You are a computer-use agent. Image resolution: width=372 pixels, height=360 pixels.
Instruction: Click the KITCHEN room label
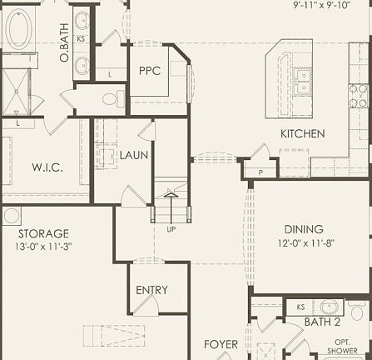click(302, 134)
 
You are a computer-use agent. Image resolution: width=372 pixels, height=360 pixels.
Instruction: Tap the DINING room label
click(303, 229)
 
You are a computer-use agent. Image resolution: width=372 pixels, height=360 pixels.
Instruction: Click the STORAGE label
click(43, 234)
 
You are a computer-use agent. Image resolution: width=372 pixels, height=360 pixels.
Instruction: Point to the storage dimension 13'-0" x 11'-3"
click(43, 247)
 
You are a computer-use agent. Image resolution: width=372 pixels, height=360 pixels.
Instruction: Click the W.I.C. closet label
click(47, 167)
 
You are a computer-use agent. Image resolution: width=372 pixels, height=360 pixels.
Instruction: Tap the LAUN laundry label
click(133, 155)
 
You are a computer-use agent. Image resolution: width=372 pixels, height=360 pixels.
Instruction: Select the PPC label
click(150, 71)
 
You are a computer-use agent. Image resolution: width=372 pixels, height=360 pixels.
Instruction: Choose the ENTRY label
click(151, 290)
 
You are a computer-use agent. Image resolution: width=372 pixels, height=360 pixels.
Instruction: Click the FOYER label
click(221, 343)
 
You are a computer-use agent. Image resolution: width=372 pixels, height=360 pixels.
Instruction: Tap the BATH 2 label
click(322, 322)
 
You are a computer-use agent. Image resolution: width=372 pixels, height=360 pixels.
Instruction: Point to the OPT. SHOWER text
click(346, 346)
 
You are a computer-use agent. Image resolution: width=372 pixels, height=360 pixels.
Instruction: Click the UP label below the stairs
click(171, 229)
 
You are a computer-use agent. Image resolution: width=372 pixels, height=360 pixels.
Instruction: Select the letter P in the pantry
click(260, 172)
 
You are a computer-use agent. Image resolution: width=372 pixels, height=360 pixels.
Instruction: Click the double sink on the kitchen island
click(304, 80)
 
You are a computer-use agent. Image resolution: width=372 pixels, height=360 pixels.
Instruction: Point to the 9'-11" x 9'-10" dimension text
click(321, 5)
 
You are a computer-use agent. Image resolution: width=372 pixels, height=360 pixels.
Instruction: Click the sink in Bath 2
click(331, 307)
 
